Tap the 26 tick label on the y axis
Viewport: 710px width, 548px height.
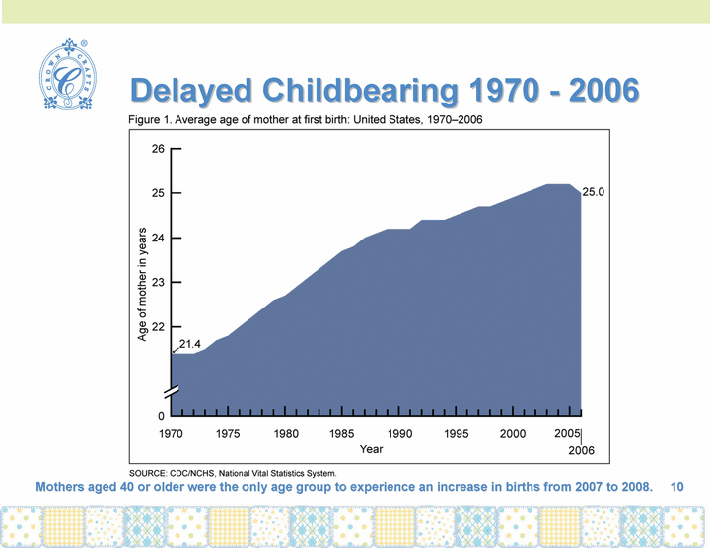(158, 150)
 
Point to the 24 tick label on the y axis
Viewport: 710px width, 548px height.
(158, 238)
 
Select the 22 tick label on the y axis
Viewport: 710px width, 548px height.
(158, 326)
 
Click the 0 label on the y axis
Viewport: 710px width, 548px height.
(161, 415)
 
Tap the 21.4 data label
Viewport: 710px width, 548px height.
(191, 344)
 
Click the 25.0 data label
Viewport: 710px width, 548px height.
(594, 193)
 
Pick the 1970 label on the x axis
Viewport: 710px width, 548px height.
(172, 434)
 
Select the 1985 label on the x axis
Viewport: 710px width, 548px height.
(342, 434)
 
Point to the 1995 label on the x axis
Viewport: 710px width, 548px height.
(456, 434)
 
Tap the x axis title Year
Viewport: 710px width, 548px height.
(371, 449)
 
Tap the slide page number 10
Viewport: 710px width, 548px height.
(676, 487)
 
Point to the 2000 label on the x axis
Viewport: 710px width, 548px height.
(513, 434)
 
